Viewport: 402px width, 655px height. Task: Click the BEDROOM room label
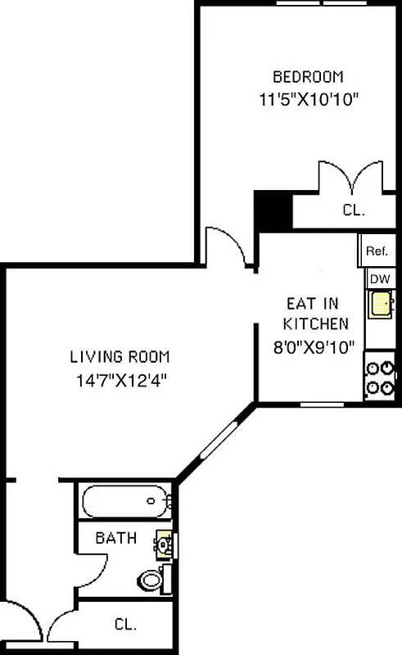point(308,77)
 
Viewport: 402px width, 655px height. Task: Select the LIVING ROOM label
point(120,356)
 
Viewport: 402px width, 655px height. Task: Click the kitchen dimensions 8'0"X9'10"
point(315,346)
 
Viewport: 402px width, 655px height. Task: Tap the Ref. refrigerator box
point(377,251)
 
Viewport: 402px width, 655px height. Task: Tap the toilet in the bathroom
point(151,579)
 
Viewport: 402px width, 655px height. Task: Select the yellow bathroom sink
point(164,541)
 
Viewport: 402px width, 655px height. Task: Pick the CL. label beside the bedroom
point(353,210)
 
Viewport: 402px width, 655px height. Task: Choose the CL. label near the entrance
point(124,624)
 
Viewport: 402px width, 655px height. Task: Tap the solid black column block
point(273,210)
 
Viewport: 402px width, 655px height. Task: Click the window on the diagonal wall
point(220,443)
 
